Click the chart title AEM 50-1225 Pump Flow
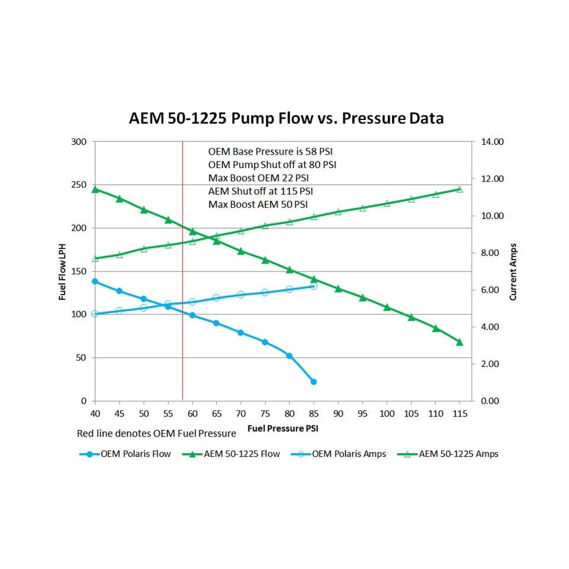coord(286,118)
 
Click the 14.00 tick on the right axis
coord(492,142)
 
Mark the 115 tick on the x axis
coord(459,413)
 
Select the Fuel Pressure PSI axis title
coord(286,428)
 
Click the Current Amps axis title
coord(514,271)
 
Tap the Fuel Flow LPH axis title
coord(62,271)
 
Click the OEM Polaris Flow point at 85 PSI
coord(314,381)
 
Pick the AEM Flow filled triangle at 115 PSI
coord(459,342)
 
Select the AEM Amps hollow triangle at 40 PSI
coord(95,258)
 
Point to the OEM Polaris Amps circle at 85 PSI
coord(314,286)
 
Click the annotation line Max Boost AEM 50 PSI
coord(258,204)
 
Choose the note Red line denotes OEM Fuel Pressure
coord(156,434)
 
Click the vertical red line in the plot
coord(182,297)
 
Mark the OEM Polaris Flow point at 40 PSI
coord(95,282)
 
